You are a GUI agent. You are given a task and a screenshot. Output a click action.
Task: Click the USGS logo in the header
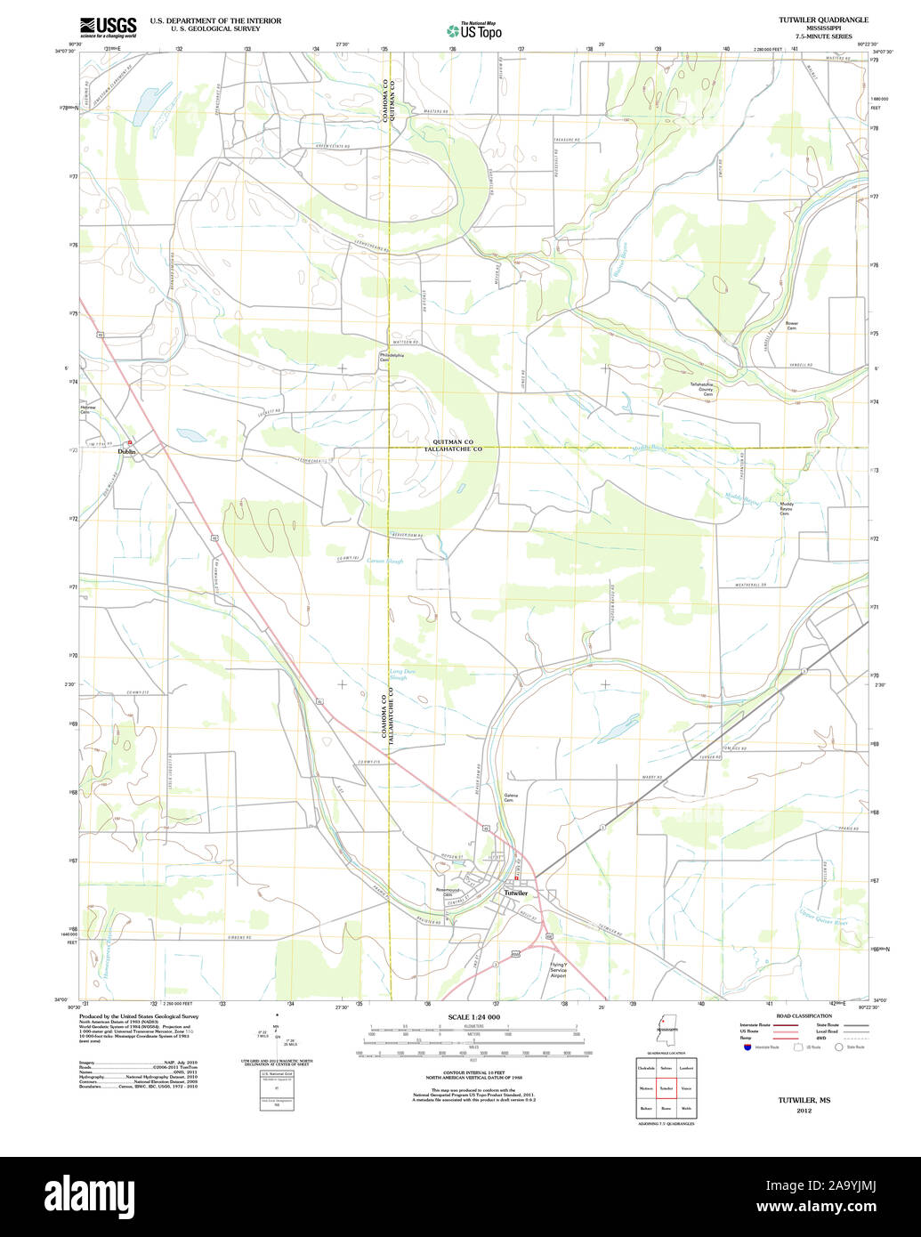(x=108, y=27)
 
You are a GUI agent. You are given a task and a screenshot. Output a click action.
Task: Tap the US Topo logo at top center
(x=474, y=30)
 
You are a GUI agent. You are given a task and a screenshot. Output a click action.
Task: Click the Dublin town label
(x=127, y=451)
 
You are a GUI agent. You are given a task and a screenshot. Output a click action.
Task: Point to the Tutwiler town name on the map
(x=515, y=892)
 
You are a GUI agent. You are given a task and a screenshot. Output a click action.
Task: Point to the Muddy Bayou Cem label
(x=786, y=508)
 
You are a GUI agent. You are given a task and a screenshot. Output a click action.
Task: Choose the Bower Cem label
(x=791, y=326)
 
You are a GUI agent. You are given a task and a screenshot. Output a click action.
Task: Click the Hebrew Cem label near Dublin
(x=86, y=410)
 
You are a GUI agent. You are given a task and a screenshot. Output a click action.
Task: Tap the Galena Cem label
(x=511, y=797)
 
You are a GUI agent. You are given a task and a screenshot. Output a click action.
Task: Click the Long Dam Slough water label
(x=398, y=674)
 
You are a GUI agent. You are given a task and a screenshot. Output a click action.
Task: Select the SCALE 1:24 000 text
(x=473, y=1017)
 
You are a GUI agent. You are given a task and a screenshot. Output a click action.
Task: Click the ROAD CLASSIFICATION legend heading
(x=803, y=1015)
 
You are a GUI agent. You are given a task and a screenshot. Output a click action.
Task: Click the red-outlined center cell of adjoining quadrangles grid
(x=666, y=1087)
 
